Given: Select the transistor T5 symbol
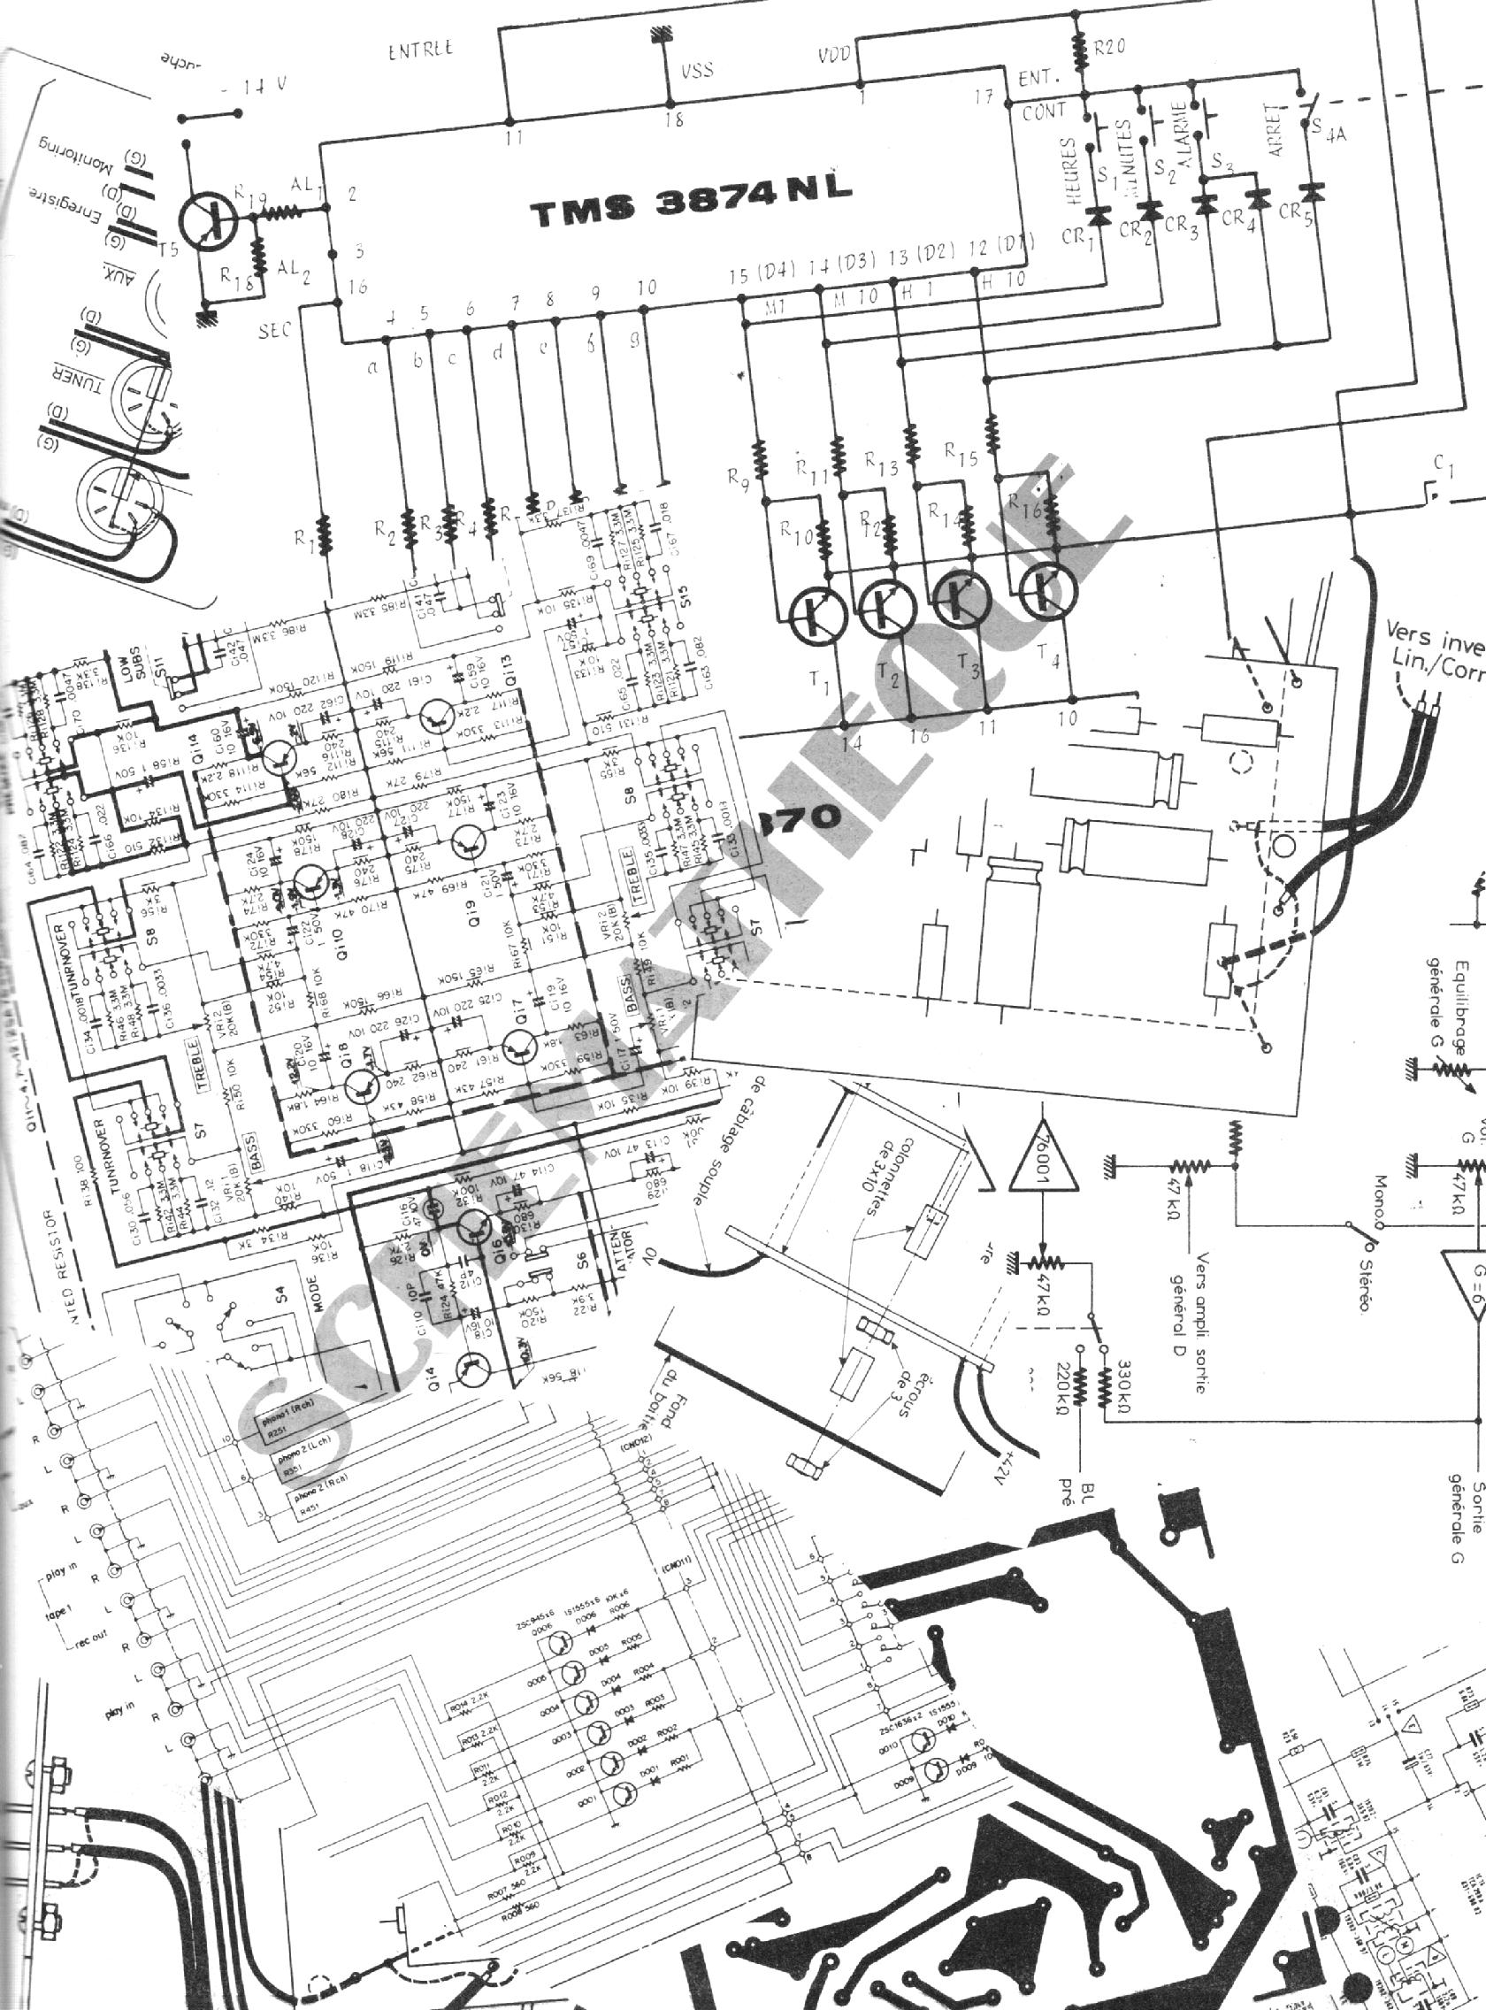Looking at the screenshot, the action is [x=208, y=218].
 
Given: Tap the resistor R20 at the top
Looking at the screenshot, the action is [x=1079, y=45].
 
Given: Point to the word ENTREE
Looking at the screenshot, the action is [x=420, y=50].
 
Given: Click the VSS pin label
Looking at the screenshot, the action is [x=697, y=69].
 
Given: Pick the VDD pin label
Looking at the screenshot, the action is [x=834, y=57].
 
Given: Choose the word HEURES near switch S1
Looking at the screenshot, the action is [x=1068, y=173].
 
